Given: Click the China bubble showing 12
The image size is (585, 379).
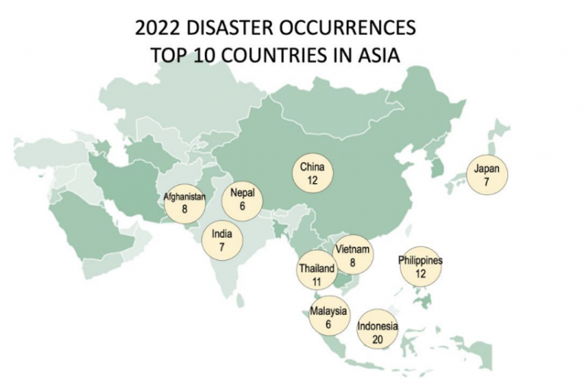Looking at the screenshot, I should tap(313, 173).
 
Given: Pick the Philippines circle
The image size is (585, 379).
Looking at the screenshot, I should tap(420, 267).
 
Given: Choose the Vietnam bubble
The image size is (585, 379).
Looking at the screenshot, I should tap(353, 255).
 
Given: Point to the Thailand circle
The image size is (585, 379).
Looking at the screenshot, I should tap(316, 275).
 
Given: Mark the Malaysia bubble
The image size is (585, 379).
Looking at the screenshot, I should tap(328, 316).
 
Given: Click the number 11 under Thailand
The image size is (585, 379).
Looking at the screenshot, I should tap(316, 282).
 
